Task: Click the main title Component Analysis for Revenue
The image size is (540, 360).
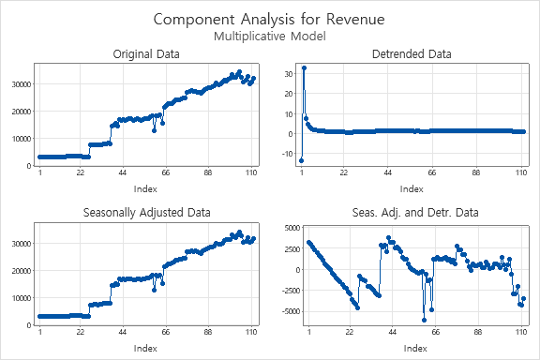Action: point(269,19)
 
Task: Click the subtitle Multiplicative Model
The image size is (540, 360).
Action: point(269,37)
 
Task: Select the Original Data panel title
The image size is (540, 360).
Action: point(146,54)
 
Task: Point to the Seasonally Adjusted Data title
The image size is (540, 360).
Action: point(146,214)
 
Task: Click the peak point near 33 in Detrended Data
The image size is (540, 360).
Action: point(304,68)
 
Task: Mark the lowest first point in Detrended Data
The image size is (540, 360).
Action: point(301,160)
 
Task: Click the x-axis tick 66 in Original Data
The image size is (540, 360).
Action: point(165,173)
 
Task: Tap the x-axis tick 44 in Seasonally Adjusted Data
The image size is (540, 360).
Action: point(123,333)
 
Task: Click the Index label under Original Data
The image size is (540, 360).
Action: point(146,189)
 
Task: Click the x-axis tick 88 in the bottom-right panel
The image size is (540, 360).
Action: point(476,333)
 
